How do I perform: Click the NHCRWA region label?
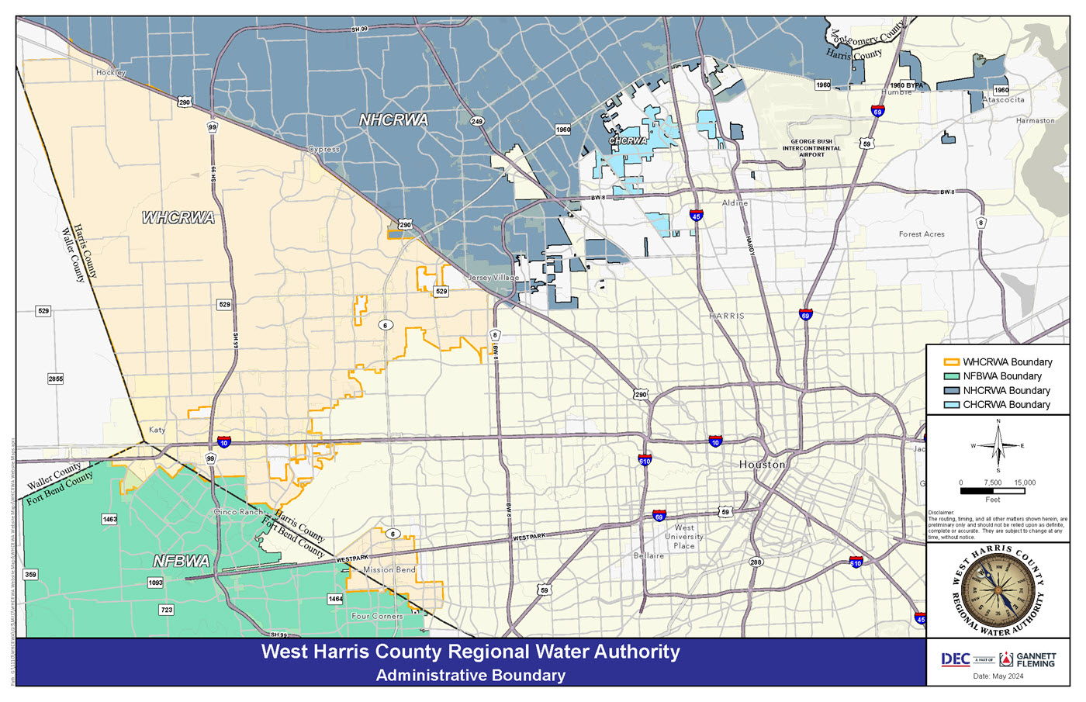[393, 120]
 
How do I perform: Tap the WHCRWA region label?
[178, 218]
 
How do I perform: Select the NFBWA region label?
[181, 561]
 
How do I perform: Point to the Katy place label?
[157, 430]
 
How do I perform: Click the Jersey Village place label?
[493, 278]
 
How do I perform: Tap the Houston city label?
[762, 464]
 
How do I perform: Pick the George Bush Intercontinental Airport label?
[811, 148]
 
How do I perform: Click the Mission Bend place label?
[389, 569]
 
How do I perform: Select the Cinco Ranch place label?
[238, 512]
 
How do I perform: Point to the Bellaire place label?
[648, 555]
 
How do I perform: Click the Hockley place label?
[111, 72]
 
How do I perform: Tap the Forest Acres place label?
[922, 234]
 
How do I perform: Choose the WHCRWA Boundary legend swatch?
[951, 362]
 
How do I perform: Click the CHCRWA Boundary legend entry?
[1006, 405]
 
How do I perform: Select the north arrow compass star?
[998, 446]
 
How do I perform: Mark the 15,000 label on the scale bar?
[1024, 482]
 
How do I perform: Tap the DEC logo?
[955, 659]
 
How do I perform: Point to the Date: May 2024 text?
[998, 676]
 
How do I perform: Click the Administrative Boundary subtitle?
[470, 675]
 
